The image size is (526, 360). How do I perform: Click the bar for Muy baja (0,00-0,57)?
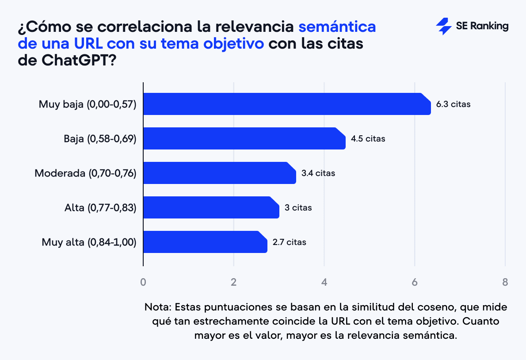tap(286, 104)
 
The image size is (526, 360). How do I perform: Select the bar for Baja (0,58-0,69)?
tap(244, 138)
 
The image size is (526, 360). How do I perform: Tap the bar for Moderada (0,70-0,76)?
tap(219, 173)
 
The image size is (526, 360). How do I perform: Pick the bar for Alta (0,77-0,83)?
tap(211, 207)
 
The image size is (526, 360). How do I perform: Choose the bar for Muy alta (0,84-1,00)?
tap(205, 242)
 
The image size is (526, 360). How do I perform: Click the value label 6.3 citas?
tap(453, 105)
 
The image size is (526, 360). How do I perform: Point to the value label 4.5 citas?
tap(368, 139)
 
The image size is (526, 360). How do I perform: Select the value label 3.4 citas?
tap(318, 173)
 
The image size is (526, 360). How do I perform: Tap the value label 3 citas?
tap(298, 208)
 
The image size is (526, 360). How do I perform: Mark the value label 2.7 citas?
tap(289, 242)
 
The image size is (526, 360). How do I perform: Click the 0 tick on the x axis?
tap(143, 282)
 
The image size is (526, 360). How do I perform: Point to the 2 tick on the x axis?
tap(234, 282)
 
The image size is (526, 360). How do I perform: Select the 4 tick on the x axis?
tap(324, 282)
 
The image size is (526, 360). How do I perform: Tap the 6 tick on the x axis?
tap(415, 282)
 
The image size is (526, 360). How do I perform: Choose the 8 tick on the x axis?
tap(505, 282)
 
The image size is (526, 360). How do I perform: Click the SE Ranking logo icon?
tap(443, 27)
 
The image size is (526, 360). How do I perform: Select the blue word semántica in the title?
tap(337, 27)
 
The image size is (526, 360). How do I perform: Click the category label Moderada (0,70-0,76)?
tap(85, 173)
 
